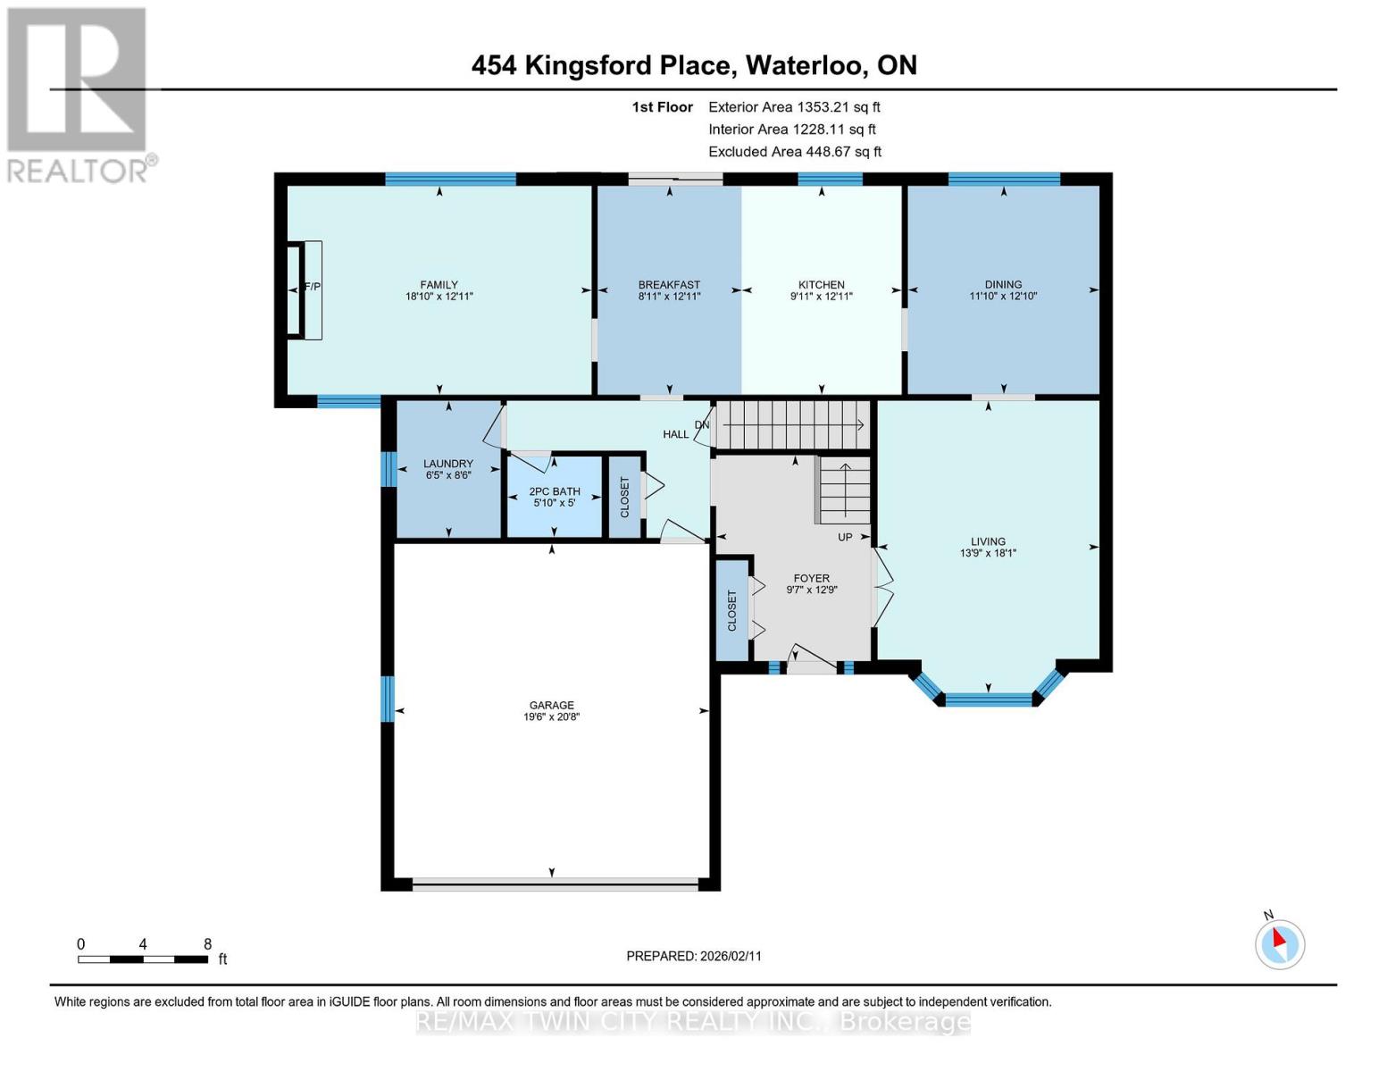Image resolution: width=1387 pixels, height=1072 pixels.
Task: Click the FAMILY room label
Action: pos(439,285)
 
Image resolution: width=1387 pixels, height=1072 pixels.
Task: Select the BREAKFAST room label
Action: pos(669,285)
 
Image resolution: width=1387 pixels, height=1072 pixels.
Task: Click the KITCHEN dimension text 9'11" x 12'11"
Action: pos(821,297)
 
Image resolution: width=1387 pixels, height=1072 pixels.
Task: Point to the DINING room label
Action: pos(1003,285)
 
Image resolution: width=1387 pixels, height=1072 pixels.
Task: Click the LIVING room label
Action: pos(988,541)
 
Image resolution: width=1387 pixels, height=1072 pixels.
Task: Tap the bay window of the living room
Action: pos(988,698)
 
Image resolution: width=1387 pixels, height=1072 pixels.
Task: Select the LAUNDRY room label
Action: pos(447,464)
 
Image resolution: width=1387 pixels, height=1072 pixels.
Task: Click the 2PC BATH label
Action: pos(555,491)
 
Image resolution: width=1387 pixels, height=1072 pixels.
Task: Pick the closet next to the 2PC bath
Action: pos(624,497)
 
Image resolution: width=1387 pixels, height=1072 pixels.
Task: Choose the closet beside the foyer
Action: pos(731,610)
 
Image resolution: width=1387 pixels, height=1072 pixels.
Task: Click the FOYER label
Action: pos(811,578)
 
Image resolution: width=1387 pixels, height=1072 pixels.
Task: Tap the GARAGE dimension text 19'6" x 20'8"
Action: pos(551,716)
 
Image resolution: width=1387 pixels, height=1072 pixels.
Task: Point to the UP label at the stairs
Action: pos(845,537)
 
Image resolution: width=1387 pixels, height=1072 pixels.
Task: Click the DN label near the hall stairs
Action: pos(702,425)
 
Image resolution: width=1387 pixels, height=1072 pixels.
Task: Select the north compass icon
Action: pos(1279,942)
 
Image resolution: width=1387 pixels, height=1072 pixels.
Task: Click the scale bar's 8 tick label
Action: pos(207,944)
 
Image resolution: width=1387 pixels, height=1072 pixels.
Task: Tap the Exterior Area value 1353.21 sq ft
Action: pos(838,107)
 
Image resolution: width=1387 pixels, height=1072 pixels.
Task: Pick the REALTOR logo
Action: pos(79,94)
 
